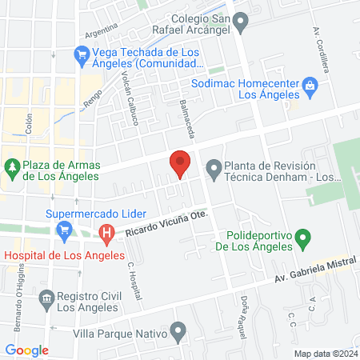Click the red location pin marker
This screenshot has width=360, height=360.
tap(180, 163)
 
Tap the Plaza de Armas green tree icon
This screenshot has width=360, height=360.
tap(11, 167)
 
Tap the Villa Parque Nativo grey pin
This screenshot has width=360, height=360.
tap(179, 330)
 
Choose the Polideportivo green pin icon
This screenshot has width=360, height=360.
tap(303, 238)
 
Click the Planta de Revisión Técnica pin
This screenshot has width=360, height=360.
tap(214, 169)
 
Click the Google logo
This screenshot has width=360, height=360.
tap(26, 350)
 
